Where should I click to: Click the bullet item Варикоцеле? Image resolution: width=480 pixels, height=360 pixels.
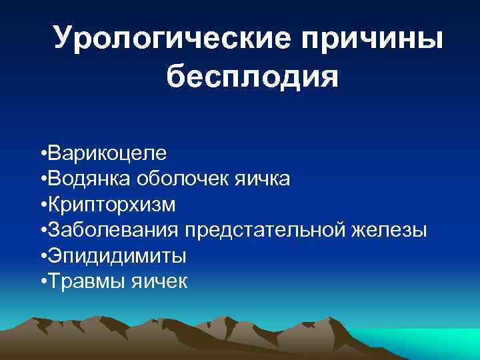point(107,153)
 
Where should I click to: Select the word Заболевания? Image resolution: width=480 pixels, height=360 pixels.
point(113,230)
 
